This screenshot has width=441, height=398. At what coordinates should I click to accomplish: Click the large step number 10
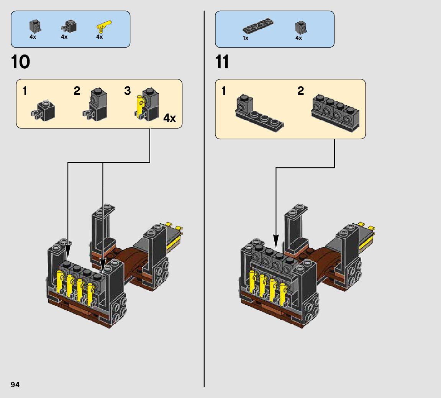click(20, 62)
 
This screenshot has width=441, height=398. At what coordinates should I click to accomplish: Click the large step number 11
click(222, 62)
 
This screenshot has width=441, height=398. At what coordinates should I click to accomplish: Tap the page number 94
click(15, 385)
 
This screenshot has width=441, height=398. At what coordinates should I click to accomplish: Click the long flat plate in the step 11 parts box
click(258, 26)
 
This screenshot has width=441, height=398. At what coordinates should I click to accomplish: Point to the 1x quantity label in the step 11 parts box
click(246, 38)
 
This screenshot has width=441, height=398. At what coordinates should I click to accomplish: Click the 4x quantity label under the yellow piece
click(100, 37)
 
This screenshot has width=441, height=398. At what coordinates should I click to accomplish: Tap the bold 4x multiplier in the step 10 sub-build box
click(170, 118)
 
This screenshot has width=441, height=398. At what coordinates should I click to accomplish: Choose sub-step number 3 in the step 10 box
click(128, 91)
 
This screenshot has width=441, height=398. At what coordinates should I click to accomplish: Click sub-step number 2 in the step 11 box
click(301, 91)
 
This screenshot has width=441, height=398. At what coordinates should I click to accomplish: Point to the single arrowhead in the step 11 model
click(276, 241)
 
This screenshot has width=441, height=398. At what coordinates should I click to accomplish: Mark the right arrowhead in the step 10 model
click(103, 265)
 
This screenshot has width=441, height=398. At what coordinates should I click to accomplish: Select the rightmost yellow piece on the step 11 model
click(283, 294)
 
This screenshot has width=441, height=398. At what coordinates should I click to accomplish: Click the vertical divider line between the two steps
click(204, 199)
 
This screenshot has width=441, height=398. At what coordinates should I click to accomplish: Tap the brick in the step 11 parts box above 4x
click(301, 28)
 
